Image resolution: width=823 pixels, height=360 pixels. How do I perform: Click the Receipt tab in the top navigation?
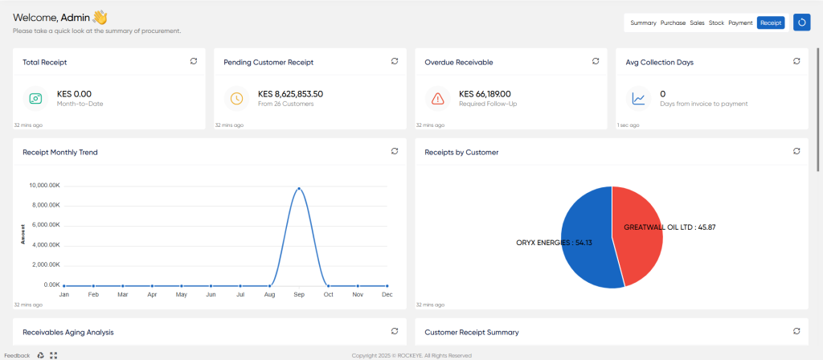coord(771,23)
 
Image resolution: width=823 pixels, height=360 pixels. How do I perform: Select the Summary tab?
coord(643,23)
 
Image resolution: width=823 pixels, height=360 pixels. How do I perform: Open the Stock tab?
coord(716,23)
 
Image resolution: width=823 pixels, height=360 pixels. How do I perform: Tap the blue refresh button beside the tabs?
coord(801,22)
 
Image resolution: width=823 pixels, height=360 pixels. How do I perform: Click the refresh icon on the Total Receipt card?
coord(194,61)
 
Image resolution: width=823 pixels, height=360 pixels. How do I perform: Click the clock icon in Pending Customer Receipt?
coord(237,99)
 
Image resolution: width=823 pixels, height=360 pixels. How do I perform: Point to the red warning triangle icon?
coord(438,99)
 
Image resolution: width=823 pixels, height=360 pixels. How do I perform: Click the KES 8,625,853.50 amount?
coord(290,94)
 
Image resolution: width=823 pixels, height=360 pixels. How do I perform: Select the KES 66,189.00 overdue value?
coord(485,94)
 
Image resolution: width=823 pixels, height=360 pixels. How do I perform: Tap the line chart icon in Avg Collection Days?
coord(638,99)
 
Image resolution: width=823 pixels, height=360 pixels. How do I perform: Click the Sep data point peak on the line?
coord(299,188)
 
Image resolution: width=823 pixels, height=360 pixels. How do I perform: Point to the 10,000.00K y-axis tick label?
coord(46,186)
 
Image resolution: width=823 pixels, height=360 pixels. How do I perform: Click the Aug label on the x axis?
coord(269,295)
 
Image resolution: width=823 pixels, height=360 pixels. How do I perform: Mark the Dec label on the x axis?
coord(387,295)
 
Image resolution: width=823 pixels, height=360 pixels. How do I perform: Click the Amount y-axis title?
coord(23,234)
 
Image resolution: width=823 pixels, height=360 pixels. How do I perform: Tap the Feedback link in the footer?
coord(18,355)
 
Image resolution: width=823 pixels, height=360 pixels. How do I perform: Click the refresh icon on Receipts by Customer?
coord(796,151)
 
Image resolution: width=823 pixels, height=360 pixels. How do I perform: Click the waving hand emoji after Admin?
coord(100,18)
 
